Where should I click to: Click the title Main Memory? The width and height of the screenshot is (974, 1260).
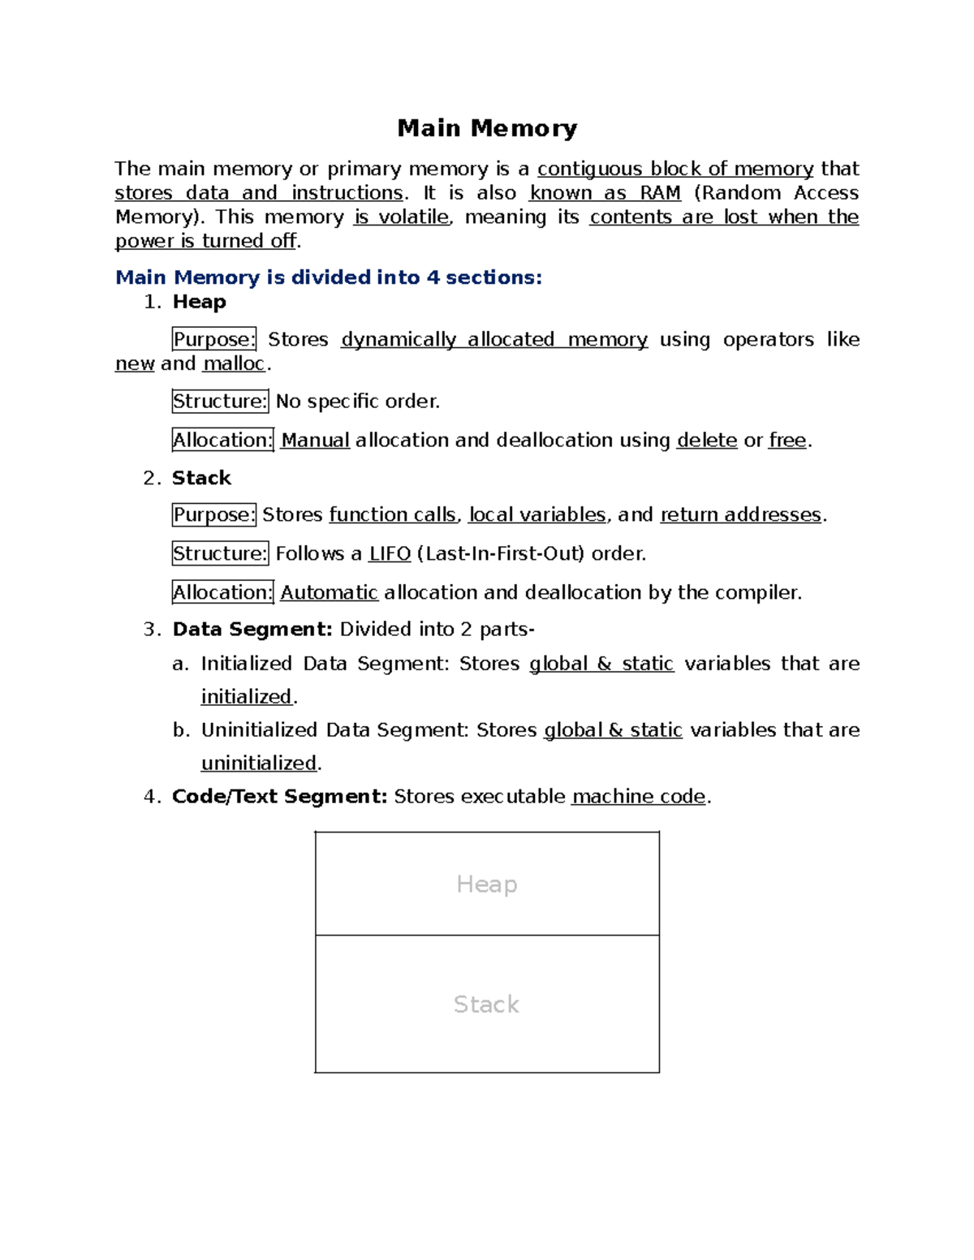pyautogui.click(x=487, y=128)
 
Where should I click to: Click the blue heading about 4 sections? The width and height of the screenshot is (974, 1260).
pyautogui.click(x=329, y=277)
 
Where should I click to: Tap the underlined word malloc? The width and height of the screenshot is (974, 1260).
pyautogui.click(x=234, y=363)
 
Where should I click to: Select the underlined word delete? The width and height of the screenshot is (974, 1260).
pyautogui.click(x=706, y=441)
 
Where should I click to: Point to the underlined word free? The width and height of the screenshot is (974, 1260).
pyautogui.click(x=787, y=441)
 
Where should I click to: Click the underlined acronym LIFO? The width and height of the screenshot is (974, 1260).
pyautogui.click(x=390, y=554)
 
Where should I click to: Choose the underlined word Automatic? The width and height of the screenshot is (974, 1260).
pyautogui.click(x=329, y=593)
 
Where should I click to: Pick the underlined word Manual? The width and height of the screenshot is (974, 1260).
pyautogui.click(x=315, y=441)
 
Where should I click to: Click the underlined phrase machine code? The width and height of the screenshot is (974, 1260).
pyautogui.click(x=639, y=797)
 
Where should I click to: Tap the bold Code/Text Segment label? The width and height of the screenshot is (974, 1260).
pyautogui.click(x=280, y=797)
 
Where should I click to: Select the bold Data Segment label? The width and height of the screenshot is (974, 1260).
pyautogui.click(x=252, y=630)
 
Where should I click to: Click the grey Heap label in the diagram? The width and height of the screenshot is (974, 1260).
pyautogui.click(x=487, y=884)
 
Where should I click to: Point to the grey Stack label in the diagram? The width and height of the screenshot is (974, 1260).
pyautogui.click(x=486, y=1004)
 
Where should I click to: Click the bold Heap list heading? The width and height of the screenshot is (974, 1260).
pyautogui.click(x=199, y=302)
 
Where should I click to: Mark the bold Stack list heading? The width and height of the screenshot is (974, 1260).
pyautogui.click(x=201, y=478)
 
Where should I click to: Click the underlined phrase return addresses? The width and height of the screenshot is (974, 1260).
pyautogui.click(x=741, y=515)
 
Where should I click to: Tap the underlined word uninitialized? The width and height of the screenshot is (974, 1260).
pyautogui.click(x=259, y=763)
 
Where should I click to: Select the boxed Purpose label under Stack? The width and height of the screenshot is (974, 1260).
pyautogui.click(x=214, y=515)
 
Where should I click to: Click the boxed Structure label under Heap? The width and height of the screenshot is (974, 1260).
pyautogui.click(x=220, y=402)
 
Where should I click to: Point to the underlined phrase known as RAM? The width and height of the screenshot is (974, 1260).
pyautogui.click(x=605, y=193)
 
